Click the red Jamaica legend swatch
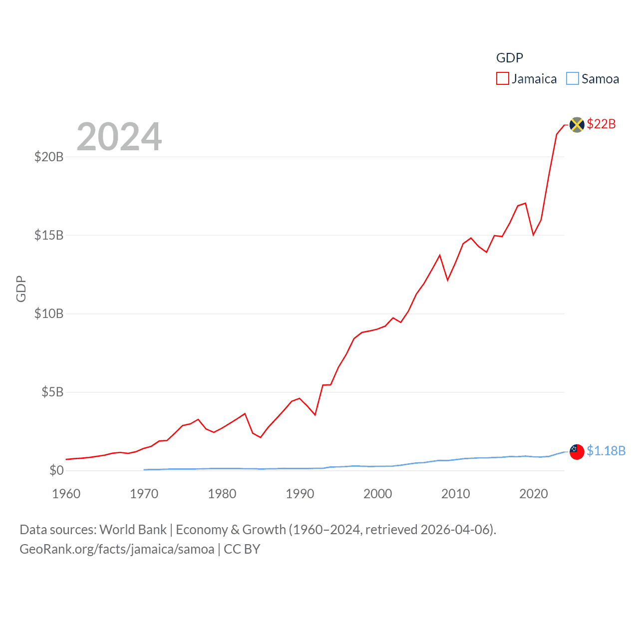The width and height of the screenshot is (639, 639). click(x=502, y=79)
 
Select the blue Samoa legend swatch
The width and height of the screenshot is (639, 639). click(x=572, y=79)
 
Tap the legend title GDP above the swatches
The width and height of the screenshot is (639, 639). click(x=509, y=58)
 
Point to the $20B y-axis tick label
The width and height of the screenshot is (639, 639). click(x=49, y=157)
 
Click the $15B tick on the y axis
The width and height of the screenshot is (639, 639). click(x=49, y=235)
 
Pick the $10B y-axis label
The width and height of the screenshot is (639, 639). click(x=49, y=314)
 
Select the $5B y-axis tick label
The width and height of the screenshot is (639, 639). click(x=52, y=392)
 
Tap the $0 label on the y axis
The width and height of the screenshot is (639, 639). click(x=56, y=470)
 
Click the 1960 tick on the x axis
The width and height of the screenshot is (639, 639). click(x=66, y=494)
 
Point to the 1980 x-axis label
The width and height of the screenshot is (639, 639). click(x=222, y=494)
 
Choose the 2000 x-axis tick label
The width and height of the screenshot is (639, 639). click(x=377, y=494)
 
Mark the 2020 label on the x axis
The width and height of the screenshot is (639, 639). click(x=533, y=494)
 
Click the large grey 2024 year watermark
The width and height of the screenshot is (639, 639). click(x=119, y=137)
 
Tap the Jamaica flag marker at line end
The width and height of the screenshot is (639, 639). click(x=577, y=125)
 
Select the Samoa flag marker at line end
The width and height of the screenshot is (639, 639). click(x=577, y=451)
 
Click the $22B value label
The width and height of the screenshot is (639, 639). click(x=601, y=124)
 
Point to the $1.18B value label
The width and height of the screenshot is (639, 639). click(x=606, y=451)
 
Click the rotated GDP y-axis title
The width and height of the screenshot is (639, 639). click(x=21, y=289)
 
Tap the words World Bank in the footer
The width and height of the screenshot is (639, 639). click(x=133, y=530)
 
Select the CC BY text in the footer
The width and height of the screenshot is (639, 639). click(x=242, y=549)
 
